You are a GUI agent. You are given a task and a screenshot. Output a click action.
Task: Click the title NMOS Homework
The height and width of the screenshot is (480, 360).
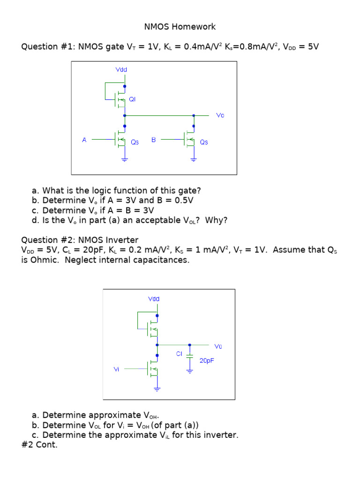(x=180, y=27)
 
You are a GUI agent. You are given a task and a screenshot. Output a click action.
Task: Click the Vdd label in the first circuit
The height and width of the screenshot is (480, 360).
(x=121, y=70)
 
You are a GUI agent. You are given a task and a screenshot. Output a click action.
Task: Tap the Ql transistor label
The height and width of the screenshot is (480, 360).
(x=132, y=99)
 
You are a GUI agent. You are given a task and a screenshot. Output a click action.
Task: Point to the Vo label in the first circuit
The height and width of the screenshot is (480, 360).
(x=220, y=115)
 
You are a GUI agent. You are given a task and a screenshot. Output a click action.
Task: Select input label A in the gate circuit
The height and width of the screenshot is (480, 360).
(x=84, y=140)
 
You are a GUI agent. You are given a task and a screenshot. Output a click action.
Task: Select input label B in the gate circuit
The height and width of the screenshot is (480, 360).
(x=153, y=140)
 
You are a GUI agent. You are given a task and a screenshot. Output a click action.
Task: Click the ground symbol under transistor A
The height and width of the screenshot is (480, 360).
(x=124, y=160)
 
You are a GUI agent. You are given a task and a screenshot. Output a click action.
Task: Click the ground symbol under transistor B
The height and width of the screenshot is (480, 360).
(x=193, y=160)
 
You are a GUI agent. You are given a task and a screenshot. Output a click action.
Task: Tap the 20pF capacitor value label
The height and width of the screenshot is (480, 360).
(x=207, y=360)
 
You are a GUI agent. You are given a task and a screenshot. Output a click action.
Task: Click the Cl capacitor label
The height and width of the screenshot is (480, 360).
(x=179, y=354)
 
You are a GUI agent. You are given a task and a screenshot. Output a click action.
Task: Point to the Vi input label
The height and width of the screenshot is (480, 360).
(x=116, y=369)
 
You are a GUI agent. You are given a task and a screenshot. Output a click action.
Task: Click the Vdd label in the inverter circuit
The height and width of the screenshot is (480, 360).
(x=153, y=298)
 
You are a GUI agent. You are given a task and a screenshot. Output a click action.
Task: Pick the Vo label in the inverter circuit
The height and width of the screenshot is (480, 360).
(x=218, y=346)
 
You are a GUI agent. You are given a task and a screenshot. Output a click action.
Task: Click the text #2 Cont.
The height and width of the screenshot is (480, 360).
(x=39, y=445)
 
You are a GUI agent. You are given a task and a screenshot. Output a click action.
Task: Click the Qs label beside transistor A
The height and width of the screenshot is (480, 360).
(x=135, y=142)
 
